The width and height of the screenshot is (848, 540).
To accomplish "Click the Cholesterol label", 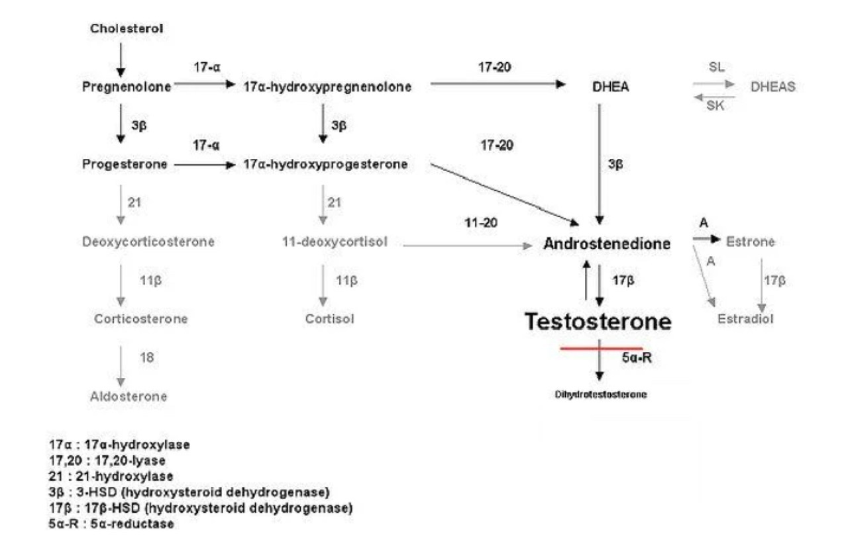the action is click(127, 28).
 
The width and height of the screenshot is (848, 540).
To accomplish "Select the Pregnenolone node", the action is click(127, 87).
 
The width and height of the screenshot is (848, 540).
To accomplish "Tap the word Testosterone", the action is click(598, 322).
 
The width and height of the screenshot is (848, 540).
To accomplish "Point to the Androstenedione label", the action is click(607, 244).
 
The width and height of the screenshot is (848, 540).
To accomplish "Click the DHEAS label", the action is click(772, 87).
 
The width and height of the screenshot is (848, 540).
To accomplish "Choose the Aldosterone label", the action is click(129, 396).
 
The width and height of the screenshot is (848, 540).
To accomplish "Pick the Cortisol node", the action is click(329, 319).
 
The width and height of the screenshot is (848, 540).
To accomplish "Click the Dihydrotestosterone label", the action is click(601, 394).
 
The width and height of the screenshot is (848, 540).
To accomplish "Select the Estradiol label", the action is click(745, 319).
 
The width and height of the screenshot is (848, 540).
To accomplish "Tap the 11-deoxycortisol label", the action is click(335, 242).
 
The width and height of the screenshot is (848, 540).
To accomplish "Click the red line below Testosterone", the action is click(601, 348).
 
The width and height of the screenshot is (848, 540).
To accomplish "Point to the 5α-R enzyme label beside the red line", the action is click(637, 358).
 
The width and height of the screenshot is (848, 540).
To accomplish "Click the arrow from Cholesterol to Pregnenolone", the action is click(121, 60).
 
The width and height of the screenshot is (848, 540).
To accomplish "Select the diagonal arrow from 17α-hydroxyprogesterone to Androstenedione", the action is click(505, 195).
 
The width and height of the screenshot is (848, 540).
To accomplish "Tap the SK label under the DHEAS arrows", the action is click(715, 106).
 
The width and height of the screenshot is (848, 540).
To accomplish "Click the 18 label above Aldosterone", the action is click(147, 357).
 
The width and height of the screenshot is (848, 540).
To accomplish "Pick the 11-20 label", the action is click(481, 223).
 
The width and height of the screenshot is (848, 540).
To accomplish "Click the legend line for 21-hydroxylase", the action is click(111, 476).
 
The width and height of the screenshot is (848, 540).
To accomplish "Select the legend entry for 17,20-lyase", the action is click(107, 461).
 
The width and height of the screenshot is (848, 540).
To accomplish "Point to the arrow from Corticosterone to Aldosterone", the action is click(121, 367).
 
